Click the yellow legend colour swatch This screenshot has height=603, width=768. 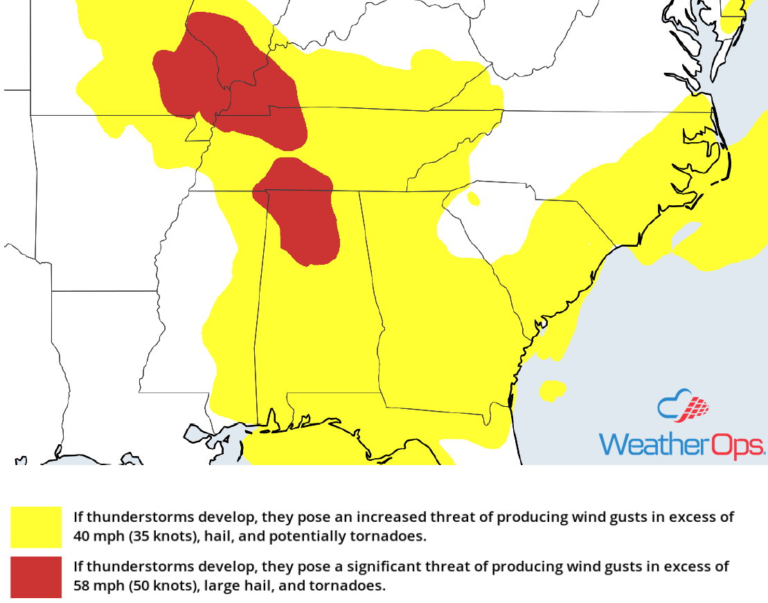(x=36, y=527)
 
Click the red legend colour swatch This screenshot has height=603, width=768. (x=36, y=577)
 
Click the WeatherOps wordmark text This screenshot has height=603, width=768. (x=681, y=444)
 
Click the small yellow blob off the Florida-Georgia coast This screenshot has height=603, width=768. (x=552, y=390)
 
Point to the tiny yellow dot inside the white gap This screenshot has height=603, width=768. (x=474, y=200)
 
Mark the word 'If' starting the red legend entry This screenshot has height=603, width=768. (x=78, y=567)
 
